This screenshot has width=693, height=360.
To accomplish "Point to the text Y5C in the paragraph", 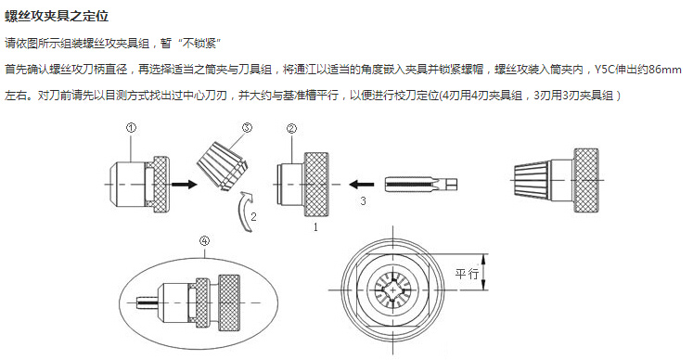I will tap(603, 70).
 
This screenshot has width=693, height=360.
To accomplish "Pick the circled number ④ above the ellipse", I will tap(203, 242).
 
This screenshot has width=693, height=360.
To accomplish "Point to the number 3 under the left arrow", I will tap(364, 200).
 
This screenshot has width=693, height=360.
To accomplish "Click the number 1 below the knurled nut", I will tap(315, 225).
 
